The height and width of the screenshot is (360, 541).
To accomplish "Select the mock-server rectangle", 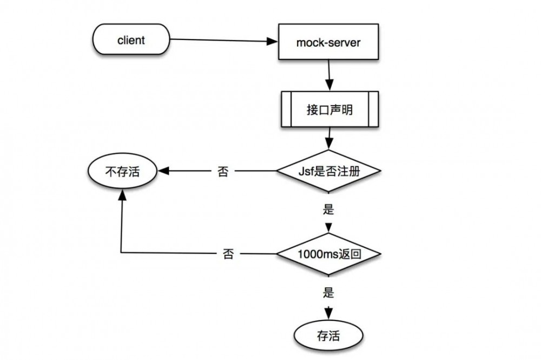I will pyautogui.click(x=328, y=42).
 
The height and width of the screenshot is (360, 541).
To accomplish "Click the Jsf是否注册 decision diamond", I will pyautogui.click(x=328, y=172).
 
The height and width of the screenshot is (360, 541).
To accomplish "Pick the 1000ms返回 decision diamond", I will pyautogui.click(x=328, y=253).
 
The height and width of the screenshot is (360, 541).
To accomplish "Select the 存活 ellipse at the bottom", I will pyautogui.click(x=328, y=336).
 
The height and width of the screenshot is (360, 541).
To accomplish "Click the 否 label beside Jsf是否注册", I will pyautogui.click(x=222, y=172).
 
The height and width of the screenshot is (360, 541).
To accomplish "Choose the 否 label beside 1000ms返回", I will pyautogui.click(x=228, y=254).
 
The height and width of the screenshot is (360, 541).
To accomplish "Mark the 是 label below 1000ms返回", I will pyautogui.click(x=328, y=293).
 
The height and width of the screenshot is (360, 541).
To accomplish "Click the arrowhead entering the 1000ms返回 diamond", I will pyautogui.click(x=328, y=227).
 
